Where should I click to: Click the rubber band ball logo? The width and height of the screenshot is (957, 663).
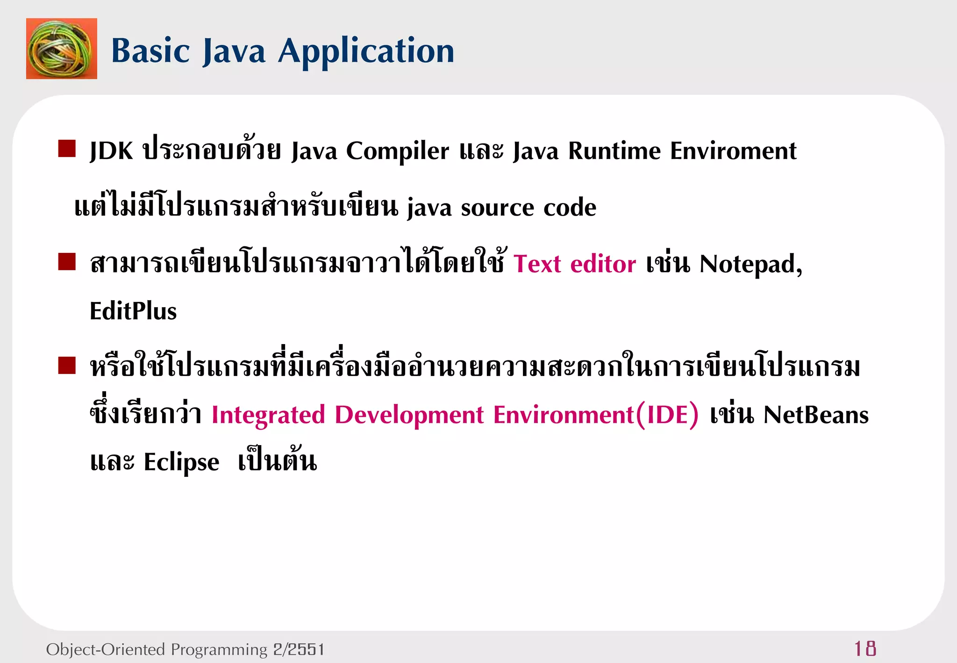(61, 49)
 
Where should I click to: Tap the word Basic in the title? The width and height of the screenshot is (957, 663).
(150, 50)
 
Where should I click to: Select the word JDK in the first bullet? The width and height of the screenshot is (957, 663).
(111, 151)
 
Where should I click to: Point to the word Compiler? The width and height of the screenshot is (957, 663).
(397, 151)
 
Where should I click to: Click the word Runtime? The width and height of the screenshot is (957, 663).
(614, 151)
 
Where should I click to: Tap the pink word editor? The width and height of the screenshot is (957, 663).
(603, 264)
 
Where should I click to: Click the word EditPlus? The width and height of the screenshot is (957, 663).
(133, 311)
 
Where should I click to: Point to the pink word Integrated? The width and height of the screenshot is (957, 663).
(268, 415)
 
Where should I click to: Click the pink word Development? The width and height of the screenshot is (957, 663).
(409, 415)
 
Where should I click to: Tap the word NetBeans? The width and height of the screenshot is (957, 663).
(815, 415)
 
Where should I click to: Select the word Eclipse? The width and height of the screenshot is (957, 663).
(181, 462)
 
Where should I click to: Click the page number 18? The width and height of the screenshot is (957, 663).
(865, 649)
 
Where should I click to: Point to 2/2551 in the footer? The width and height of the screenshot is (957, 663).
(299, 649)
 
